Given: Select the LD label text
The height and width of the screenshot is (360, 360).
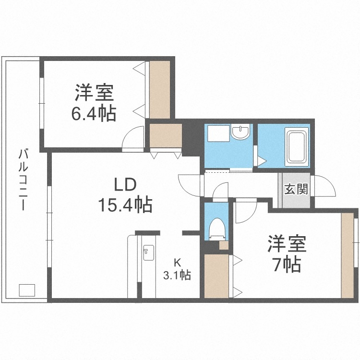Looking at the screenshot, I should [125, 184].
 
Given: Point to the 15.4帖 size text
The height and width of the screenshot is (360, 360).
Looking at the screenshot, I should [125, 205].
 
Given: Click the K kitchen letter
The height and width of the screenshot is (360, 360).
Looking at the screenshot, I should [177, 263].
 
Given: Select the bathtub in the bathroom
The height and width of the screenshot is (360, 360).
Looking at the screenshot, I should [297, 145].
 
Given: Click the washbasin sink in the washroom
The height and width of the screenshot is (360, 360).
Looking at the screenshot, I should [240, 132].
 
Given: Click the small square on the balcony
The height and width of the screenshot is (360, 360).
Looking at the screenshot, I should [27, 290].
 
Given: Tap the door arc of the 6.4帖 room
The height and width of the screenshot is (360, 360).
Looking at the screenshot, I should [133, 139].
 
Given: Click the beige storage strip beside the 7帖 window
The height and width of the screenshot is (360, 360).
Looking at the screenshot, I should [347, 254].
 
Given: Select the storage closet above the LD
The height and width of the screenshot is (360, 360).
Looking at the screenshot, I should [165, 136].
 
